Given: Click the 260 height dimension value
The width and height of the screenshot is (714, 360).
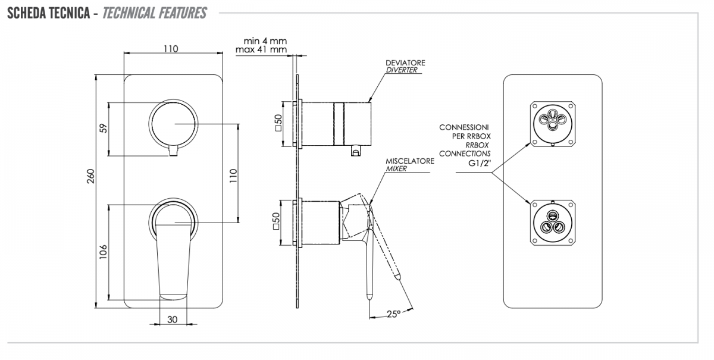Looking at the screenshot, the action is tap(91, 176).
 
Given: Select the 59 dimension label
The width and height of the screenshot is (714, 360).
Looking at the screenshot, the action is tap(104, 128).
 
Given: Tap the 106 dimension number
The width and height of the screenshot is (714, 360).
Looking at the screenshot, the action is tap(103, 252).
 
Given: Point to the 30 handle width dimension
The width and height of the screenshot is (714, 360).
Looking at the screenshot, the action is tap(172, 319).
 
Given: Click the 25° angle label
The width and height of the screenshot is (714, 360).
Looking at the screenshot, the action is tap(394, 314).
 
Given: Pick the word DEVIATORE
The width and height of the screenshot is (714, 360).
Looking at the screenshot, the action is tap(405, 63).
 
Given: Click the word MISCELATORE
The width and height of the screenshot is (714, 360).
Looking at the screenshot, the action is tap(410, 161).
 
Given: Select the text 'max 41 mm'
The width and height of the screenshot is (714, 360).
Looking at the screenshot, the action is tap(261, 50).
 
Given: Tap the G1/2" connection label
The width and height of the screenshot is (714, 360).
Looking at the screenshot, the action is tap(480, 163).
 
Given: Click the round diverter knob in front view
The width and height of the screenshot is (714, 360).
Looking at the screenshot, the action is tap(173, 124).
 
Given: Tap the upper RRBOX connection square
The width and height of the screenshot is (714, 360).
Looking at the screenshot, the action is tap(552, 124).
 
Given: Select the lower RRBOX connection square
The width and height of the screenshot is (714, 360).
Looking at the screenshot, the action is tap(552, 223).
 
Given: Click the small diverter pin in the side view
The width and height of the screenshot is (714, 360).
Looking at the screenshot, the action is tap(356, 151).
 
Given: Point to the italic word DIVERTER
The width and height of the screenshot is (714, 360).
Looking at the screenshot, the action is tap(401, 70).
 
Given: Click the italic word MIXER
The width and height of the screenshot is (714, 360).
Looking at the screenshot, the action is tap(396, 168).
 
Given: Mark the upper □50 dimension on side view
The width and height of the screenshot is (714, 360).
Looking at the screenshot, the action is tap(278, 123).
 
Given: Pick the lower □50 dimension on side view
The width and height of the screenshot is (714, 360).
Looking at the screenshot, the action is tap(276, 221).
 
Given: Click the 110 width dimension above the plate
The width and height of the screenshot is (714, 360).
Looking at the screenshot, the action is tap(171, 49).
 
